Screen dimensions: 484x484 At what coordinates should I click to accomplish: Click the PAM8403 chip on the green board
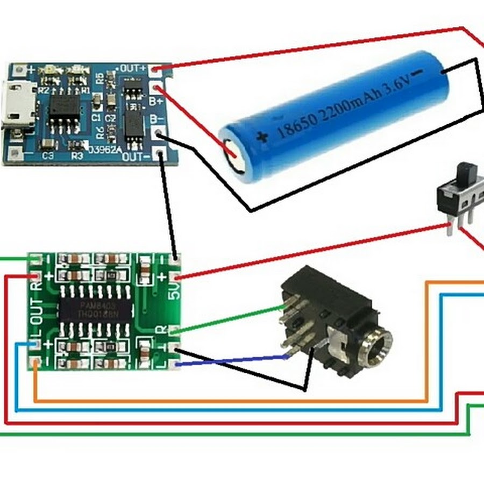coord(95,310)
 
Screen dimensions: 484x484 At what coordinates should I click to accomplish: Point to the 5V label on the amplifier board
coord(175,293)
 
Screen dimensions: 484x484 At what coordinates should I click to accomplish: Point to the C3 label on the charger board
coord(48,156)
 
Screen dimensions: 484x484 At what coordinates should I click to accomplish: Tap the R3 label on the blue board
coord(77,156)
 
